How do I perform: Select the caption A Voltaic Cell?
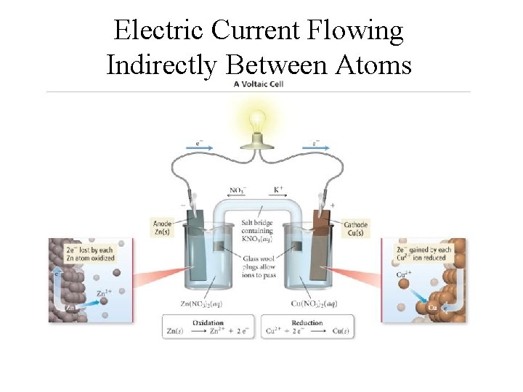[258, 84]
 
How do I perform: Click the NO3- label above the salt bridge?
[238, 190]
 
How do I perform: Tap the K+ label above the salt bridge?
[278, 189]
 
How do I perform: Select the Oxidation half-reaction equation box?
[208, 327]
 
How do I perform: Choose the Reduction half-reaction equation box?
[307, 327]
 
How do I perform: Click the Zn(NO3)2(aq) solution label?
[200, 303]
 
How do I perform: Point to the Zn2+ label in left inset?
[104, 294]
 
